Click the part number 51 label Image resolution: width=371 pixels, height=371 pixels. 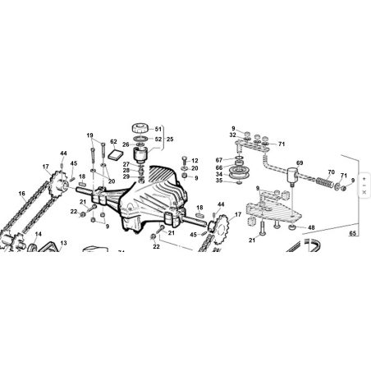tap(158, 129)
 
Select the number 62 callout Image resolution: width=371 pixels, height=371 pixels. tap(113, 141)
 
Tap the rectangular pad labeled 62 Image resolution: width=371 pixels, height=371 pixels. tap(115, 155)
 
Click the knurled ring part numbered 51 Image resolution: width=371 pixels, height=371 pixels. tap(141, 128)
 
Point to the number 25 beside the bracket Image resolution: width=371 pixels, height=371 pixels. tap(170, 139)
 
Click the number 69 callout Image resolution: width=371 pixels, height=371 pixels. tap(300, 163)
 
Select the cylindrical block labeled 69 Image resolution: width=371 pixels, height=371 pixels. tap(292, 175)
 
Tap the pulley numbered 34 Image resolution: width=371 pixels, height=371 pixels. tap(237, 172)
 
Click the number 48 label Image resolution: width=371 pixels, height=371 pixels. tap(311, 227)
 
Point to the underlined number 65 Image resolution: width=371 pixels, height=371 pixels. tap(353, 233)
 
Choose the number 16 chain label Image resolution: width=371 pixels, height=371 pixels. tap(22, 194)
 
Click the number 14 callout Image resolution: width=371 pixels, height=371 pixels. tap(39, 234)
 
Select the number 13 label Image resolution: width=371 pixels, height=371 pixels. tap(63, 243)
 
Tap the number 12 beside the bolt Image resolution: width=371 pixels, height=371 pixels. tap(195, 161)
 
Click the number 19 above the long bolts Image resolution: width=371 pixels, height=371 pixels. tap(89, 135)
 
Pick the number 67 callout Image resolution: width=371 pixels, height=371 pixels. tap(219, 160)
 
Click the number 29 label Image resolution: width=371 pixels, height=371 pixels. tap(126, 176)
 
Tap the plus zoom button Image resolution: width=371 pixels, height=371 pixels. tap(364, 179)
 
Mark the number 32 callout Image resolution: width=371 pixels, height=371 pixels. tap(232, 135)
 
